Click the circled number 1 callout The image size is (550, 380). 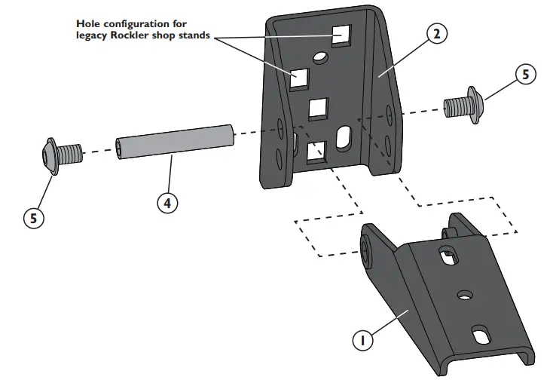(x=363, y=340)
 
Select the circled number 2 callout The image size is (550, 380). (x=438, y=35)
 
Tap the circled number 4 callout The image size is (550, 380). (x=168, y=202)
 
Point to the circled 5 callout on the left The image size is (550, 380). (x=33, y=218)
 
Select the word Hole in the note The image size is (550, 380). (x=89, y=24)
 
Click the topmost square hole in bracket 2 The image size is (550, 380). (x=341, y=35)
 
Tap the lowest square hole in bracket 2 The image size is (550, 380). (x=317, y=152)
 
